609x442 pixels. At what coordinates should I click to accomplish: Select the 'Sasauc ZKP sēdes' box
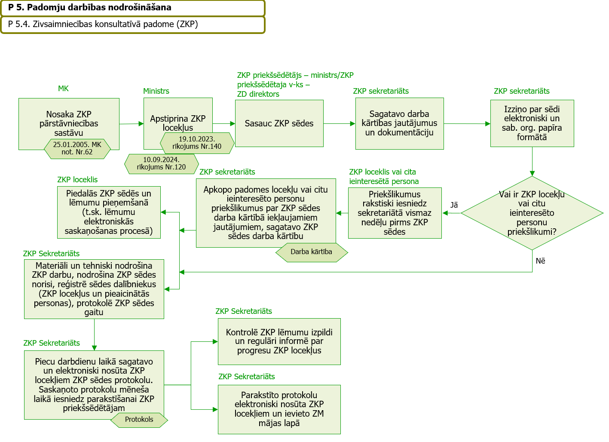tap(279, 123)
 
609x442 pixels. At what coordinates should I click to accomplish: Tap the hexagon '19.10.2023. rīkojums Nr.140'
tap(197, 143)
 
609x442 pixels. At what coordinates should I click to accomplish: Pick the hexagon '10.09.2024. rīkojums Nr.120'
tap(162, 164)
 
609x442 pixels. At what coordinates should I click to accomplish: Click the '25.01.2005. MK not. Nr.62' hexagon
tap(77, 149)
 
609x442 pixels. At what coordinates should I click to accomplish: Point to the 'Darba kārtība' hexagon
tap(312, 252)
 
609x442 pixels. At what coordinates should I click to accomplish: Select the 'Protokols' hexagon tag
tap(139, 420)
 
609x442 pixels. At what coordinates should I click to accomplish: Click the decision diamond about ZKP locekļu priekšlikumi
tap(532, 213)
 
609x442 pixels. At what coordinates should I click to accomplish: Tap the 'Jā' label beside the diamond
tap(454, 205)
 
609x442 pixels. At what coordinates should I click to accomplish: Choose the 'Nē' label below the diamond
tap(541, 261)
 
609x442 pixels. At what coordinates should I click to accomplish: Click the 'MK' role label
tap(63, 89)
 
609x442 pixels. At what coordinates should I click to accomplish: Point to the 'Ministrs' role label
tap(156, 91)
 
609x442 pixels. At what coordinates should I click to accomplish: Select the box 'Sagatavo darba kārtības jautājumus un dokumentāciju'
tap(399, 123)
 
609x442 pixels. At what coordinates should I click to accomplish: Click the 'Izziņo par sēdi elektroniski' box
tap(532, 123)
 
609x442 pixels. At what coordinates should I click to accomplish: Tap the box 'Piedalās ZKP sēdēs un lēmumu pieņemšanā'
tap(109, 212)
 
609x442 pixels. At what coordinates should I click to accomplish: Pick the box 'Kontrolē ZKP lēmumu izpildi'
tap(279, 342)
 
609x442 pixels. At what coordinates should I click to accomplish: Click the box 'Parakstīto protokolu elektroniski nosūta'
tap(279, 409)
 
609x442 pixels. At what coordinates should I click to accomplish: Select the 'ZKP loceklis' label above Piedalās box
tap(77, 180)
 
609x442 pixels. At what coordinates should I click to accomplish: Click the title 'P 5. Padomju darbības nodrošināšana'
tap(90, 7)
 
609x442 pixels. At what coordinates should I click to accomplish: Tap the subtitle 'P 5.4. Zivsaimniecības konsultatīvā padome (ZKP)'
tap(103, 24)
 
